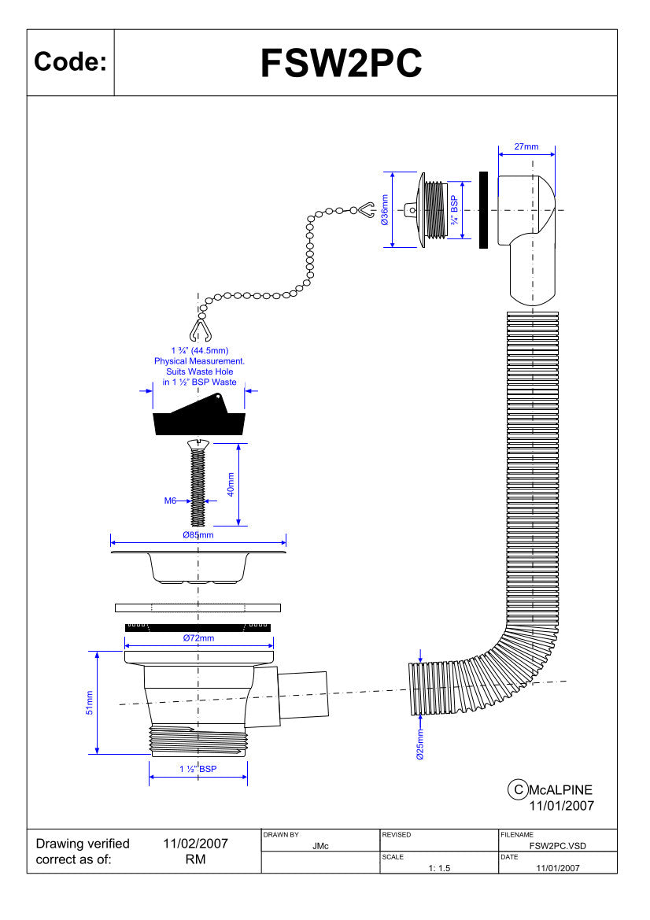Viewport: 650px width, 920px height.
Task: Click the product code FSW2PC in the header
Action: coord(341,63)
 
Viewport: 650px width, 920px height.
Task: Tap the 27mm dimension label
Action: coord(526,146)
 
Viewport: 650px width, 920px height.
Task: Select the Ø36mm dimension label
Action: coord(385,210)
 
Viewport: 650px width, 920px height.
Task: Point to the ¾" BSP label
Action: coord(454,210)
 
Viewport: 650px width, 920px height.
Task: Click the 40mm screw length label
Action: coord(231,485)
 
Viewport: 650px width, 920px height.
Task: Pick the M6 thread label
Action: coord(170,501)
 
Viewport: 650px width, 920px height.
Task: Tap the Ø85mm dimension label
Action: coord(198,535)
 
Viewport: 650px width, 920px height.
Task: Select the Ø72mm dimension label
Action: coord(198,637)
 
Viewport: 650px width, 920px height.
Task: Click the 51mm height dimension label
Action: coord(90,702)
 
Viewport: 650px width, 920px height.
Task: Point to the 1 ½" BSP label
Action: coord(198,769)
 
